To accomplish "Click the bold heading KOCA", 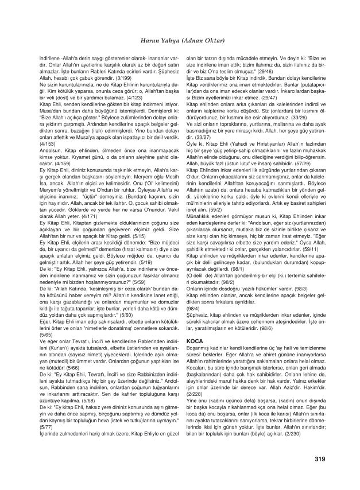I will [196, 340].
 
